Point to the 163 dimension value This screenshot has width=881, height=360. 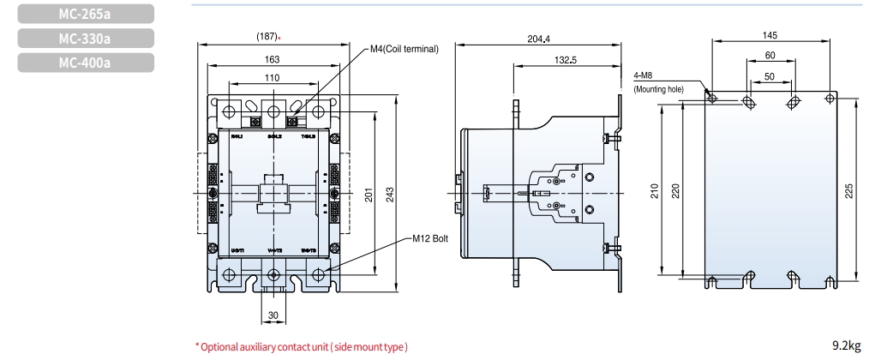(x=272, y=59)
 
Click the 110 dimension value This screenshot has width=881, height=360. (x=272, y=78)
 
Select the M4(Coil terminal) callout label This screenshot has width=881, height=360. (x=404, y=49)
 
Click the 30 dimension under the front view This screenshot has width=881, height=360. (x=273, y=315)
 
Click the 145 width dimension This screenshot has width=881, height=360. (x=770, y=35)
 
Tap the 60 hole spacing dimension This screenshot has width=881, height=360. (x=770, y=56)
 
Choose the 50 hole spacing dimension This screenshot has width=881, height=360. (x=770, y=76)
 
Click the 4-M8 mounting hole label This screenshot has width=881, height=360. (x=644, y=75)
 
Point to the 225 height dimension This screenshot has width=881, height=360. (x=848, y=189)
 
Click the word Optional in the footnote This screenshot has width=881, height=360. (x=220, y=346)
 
